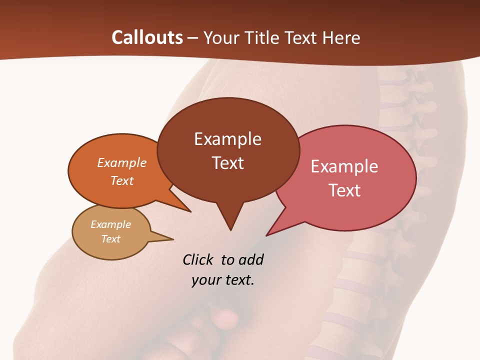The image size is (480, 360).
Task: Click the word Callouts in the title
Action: [147, 37]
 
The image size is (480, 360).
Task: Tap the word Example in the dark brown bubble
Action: [227, 139]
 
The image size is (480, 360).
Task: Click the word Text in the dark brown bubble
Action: [227, 163]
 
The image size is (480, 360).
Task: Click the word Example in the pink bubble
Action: [344, 166]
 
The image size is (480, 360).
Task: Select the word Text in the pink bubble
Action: [344, 190]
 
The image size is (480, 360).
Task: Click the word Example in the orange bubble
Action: [122, 163]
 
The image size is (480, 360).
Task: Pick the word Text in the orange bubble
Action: [122, 181]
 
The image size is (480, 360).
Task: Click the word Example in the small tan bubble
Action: [110, 224]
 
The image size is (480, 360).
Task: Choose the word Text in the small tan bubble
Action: [110, 239]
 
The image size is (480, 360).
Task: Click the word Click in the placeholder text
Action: [198, 259]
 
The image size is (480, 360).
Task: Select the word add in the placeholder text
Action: [251, 259]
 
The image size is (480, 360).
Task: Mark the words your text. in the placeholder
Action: [223, 280]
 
